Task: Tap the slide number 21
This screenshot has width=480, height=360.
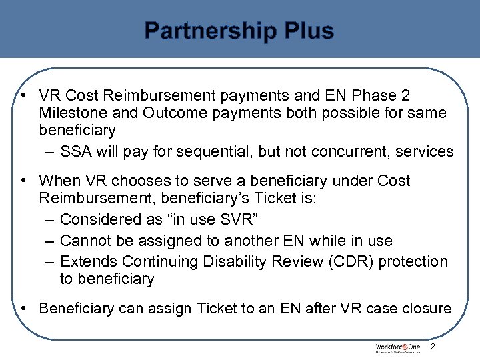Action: tap(435, 347)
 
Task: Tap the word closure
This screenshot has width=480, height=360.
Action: tap(425, 309)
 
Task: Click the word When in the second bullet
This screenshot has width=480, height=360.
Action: tap(59, 181)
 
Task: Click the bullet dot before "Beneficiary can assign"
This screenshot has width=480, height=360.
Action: tap(23, 309)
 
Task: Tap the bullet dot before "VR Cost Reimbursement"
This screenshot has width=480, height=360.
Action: tap(23, 95)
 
